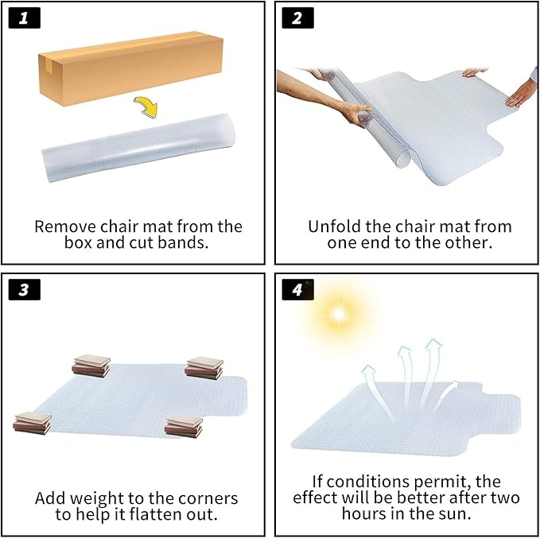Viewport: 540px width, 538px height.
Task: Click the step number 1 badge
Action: [x=24, y=18]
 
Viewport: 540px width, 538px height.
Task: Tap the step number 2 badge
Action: [x=297, y=18]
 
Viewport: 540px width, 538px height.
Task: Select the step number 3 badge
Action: [x=24, y=289]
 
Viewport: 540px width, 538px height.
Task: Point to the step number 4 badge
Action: [x=297, y=289]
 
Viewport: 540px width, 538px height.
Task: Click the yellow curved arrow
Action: [x=147, y=106]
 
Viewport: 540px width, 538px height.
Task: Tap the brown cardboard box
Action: [x=131, y=68]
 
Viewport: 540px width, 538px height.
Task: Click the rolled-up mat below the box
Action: [x=138, y=147]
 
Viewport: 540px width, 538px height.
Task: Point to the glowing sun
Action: [x=339, y=314]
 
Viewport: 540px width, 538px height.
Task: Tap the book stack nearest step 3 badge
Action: [x=91, y=366]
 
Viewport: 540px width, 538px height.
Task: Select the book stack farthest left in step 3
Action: [x=33, y=423]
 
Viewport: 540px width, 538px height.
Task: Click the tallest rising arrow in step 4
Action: [x=429, y=372]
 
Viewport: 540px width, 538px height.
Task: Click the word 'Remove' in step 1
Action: [x=65, y=226]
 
